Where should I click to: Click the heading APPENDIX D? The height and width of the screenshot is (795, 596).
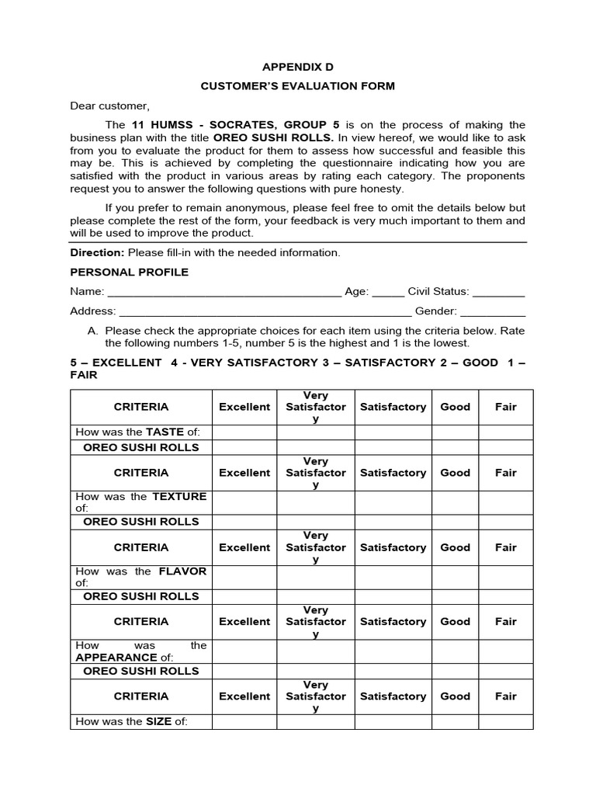(297, 67)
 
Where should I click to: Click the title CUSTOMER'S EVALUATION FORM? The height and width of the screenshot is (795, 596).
(297, 86)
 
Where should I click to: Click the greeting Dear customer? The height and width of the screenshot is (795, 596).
(109, 106)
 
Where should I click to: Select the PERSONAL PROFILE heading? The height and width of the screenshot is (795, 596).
(129, 272)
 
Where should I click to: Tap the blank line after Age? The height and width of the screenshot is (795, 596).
(388, 293)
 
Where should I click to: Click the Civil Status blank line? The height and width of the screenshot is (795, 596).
(498, 293)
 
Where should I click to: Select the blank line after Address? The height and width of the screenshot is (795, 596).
(265, 313)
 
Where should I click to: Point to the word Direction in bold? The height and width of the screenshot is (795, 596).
(97, 252)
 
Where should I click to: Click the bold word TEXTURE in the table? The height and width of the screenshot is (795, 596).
(179, 496)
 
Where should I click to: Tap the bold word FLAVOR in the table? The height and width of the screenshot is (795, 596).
(182, 571)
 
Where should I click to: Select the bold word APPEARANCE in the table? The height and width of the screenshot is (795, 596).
(110, 658)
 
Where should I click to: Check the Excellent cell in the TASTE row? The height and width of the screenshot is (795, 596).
(244, 432)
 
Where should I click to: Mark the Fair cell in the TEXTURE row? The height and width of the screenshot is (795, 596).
(505, 502)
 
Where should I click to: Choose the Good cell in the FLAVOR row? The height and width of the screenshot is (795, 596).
(455, 577)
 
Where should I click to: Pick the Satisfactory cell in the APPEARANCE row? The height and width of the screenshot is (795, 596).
(393, 651)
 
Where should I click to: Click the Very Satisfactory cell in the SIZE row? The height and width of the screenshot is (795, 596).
(316, 721)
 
